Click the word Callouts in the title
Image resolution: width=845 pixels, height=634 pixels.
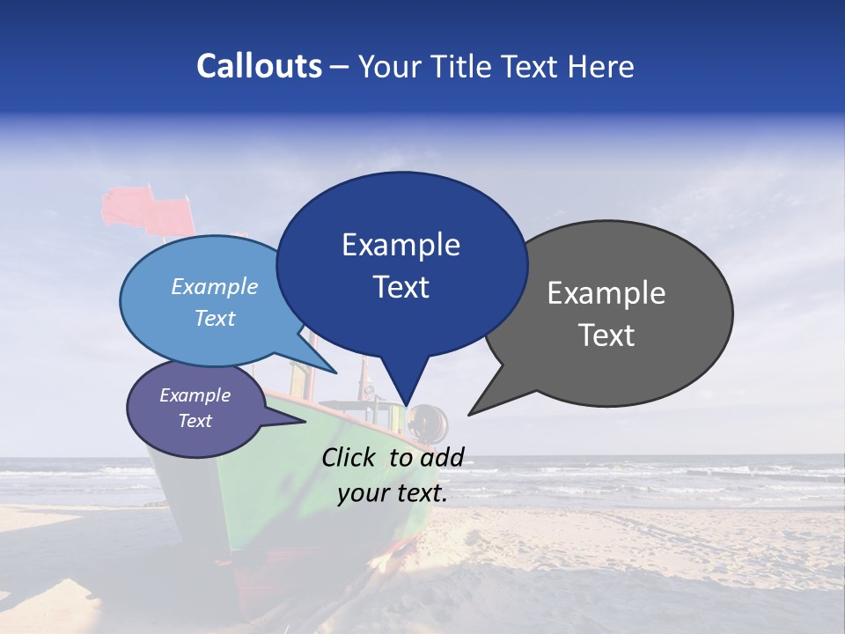click(259, 66)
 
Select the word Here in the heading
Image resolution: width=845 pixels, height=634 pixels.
click(603, 66)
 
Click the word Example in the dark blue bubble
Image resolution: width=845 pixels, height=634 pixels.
click(400, 245)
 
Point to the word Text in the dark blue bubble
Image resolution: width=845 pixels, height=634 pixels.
click(400, 287)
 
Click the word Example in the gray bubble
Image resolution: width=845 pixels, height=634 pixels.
click(606, 293)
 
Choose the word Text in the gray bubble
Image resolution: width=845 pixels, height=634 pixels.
click(606, 335)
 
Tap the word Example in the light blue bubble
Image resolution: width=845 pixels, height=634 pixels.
click(214, 286)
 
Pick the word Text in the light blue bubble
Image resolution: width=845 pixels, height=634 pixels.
click(214, 318)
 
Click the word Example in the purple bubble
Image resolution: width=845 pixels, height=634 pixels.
click(195, 395)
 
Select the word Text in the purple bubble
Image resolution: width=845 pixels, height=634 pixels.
click(195, 421)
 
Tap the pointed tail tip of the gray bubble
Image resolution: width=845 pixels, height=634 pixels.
click(470, 413)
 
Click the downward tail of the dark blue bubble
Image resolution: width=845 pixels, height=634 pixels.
click(408, 401)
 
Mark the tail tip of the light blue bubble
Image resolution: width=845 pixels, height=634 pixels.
click(335, 372)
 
